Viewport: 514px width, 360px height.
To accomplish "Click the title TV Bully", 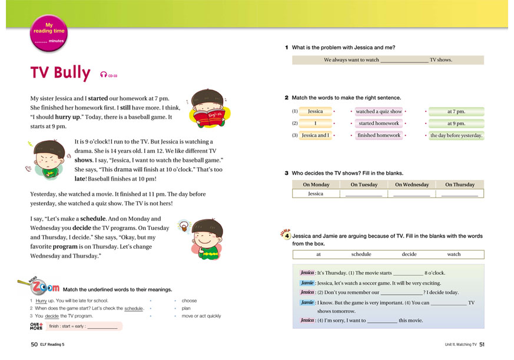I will point(60,73).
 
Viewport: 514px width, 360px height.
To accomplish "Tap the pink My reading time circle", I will point(48,32).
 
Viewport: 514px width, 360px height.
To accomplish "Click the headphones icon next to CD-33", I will point(104,75).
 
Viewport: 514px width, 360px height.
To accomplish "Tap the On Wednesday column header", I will point(412,185).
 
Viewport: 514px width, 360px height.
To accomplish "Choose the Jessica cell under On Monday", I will point(316,194).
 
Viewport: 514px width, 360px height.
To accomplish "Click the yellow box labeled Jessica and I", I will point(316,135).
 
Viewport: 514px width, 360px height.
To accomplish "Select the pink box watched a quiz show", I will point(379,111).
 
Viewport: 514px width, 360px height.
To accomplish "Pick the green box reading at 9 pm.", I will point(456,124).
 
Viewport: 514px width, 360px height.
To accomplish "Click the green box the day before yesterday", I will point(456,135).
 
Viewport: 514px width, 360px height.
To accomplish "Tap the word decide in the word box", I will point(409,255).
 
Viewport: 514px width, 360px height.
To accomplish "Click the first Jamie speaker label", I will point(307,283).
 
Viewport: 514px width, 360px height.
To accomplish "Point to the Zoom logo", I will point(43,288).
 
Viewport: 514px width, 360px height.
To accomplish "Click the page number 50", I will point(34,344).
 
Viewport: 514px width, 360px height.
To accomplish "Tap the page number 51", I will point(482,344).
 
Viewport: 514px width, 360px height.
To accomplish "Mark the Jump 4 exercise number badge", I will point(286,235).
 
